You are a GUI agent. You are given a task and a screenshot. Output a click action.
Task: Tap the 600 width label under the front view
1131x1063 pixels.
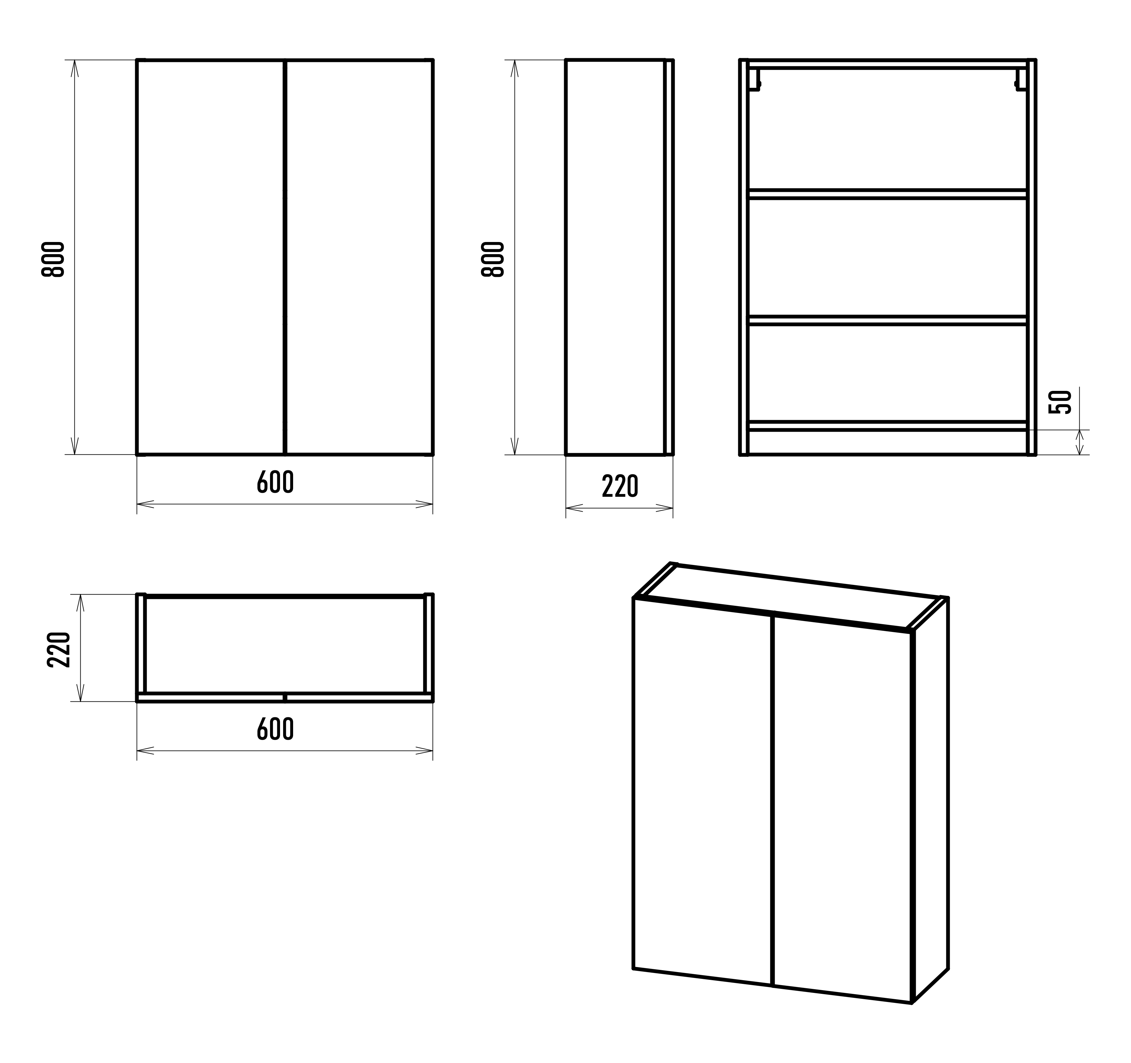tap(275, 482)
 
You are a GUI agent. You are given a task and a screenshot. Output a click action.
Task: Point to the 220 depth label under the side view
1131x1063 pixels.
tap(620, 486)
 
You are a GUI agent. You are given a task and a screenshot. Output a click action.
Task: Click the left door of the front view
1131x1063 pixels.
tap(211, 257)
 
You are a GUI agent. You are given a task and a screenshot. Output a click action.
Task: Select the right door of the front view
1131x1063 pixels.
tap(359, 257)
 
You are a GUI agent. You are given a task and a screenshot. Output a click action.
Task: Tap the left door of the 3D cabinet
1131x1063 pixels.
tap(703, 790)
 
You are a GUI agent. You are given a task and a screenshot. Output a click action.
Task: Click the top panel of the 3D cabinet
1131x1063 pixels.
tap(791, 597)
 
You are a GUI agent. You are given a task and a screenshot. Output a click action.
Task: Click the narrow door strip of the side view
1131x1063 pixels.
tap(669, 257)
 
